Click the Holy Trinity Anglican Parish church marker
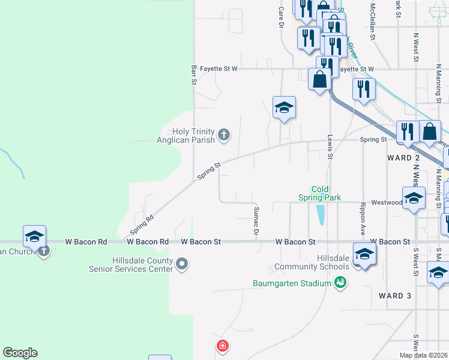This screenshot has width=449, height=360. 224,134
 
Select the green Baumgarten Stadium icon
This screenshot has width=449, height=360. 340,282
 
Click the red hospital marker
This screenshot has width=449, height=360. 222,346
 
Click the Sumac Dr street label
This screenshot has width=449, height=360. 256,220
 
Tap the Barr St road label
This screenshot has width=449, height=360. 194,74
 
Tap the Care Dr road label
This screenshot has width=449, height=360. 280,17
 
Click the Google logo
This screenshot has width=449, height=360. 20,353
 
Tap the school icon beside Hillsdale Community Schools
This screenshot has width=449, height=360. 364,254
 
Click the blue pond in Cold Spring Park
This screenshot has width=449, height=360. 321,214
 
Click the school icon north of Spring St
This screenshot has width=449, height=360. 284,108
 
